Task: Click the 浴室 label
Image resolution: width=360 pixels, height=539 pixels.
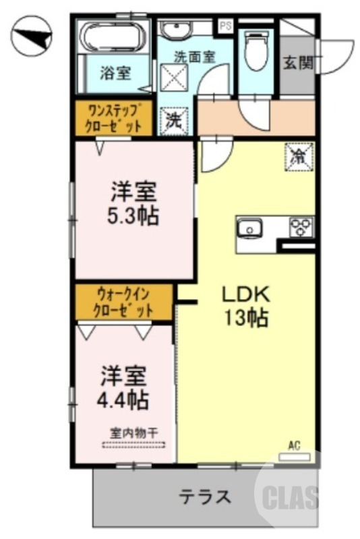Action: (x=116, y=73)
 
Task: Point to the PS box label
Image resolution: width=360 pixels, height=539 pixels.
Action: (x=224, y=27)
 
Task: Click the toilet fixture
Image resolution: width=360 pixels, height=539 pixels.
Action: (x=256, y=50)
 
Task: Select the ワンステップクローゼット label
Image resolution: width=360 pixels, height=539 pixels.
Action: (x=113, y=118)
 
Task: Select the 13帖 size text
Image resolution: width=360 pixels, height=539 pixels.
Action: (x=246, y=316)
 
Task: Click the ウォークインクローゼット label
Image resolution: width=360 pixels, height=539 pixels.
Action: (x=123, y=301)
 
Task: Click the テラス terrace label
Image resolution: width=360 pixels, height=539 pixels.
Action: (x=205, y=497)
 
